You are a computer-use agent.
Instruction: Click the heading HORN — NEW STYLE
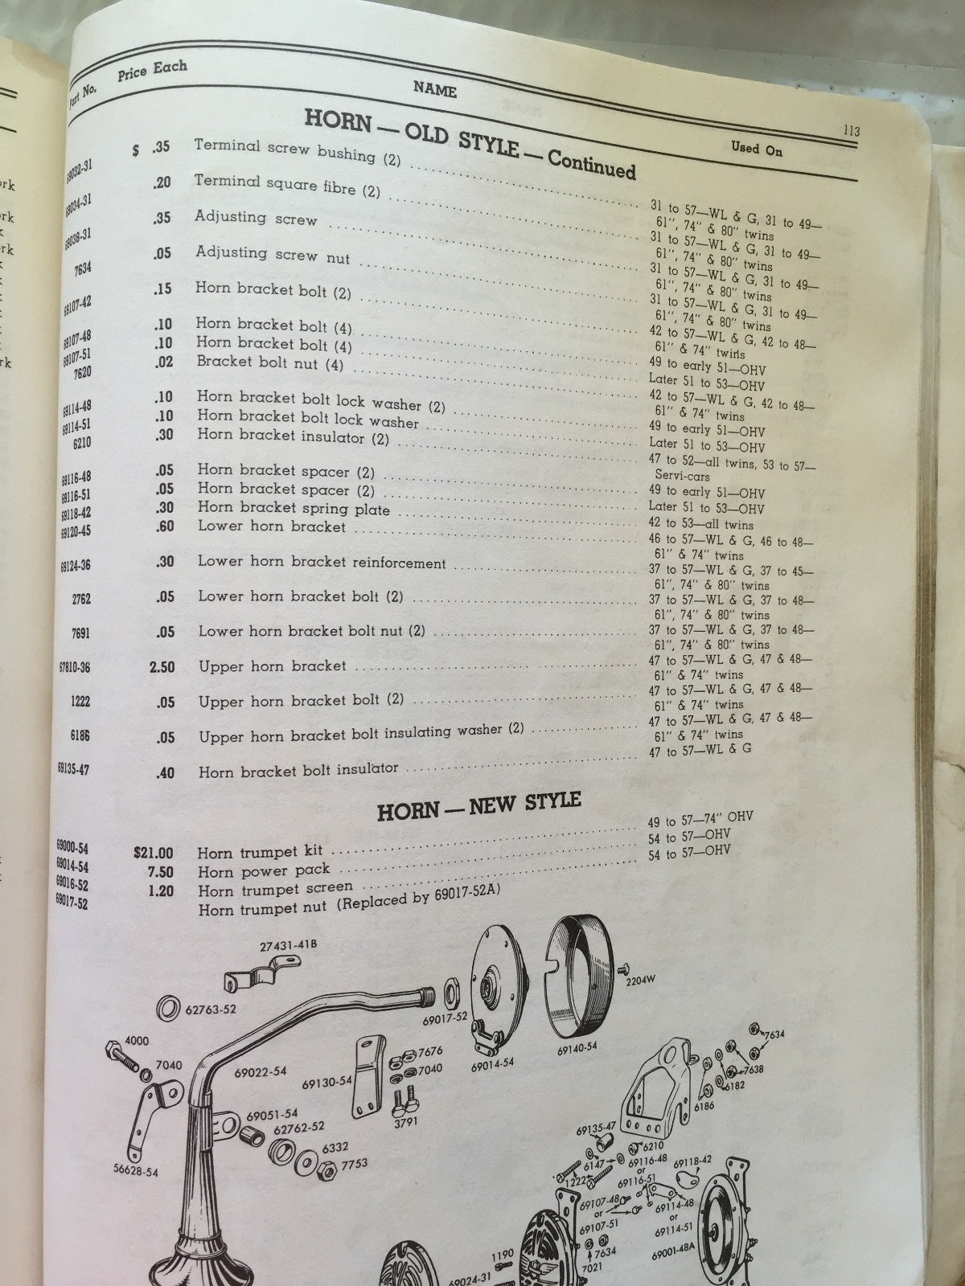478,805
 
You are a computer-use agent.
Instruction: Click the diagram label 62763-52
210,1010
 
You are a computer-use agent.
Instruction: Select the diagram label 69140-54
577,1048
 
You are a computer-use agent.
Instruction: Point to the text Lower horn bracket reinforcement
322,563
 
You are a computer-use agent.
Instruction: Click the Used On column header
756,148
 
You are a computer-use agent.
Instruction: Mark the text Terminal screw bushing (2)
298,150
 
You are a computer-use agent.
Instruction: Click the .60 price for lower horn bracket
164,526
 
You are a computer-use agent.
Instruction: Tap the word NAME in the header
434,89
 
